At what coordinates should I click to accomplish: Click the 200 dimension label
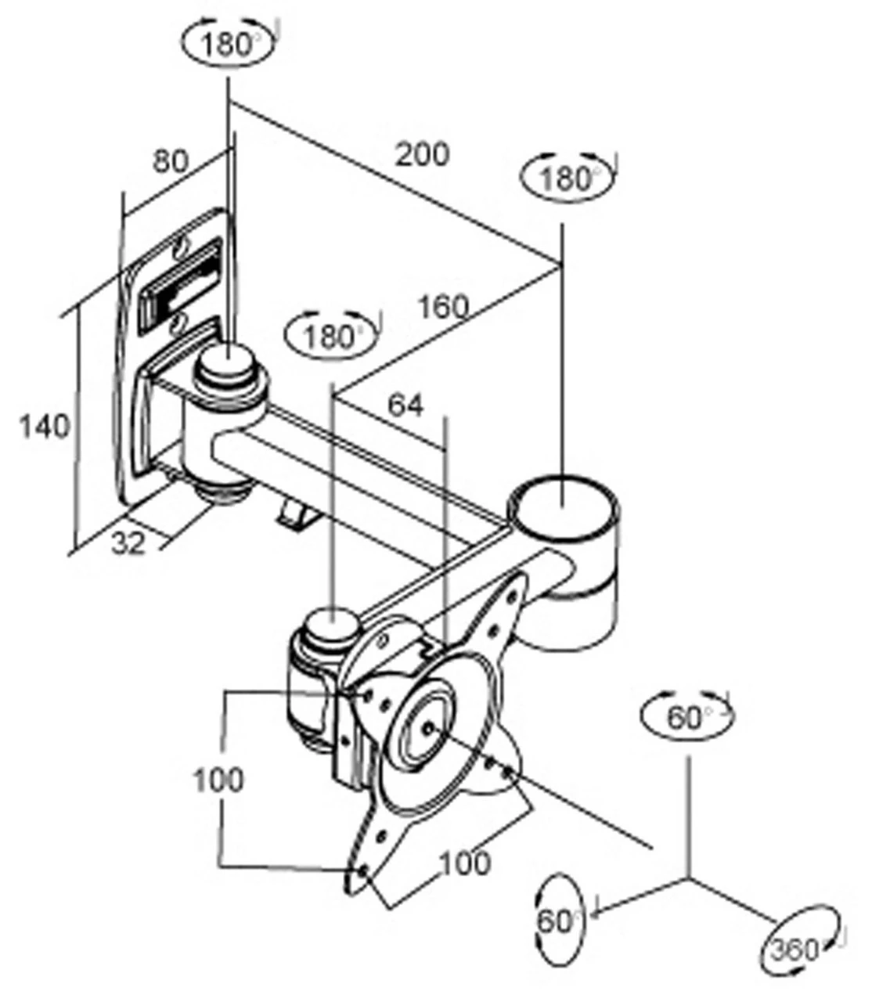pyautogui.click(x=422, y=153)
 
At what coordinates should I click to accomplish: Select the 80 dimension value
pyautogui.click(x=170, y=161)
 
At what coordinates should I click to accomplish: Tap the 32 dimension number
pyautogui.click(x=128, y=542)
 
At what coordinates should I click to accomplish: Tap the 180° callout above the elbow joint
pyautogui.click(x=567, y=178)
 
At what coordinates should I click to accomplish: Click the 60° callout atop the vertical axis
pyautogui.click(x=686, y=716)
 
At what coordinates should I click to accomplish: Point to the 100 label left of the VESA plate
pyautogui.click(x=218, y=780)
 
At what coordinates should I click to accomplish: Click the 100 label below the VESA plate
pyautogui.click(x=464, y=863)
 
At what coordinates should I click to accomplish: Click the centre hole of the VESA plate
pyautogui.click(x=429, y=727)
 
